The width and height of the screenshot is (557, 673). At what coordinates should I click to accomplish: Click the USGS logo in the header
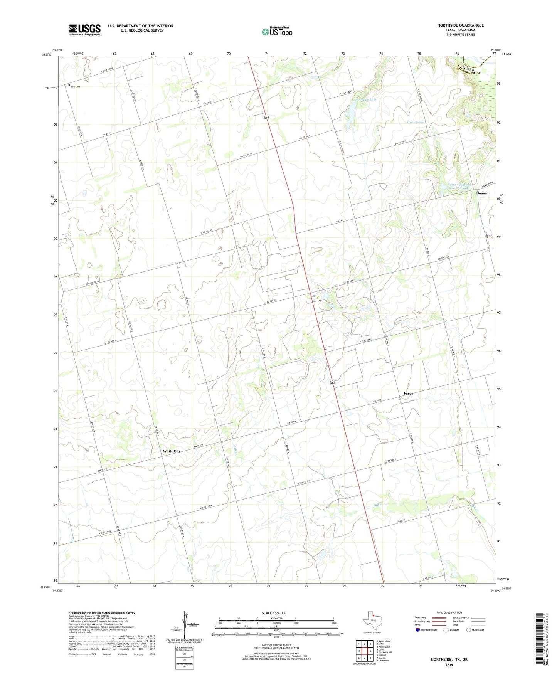coord(85,29)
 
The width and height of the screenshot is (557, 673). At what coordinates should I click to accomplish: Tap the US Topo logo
coord(276,32)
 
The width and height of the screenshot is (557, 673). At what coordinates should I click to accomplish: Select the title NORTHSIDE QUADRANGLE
coord(460,25)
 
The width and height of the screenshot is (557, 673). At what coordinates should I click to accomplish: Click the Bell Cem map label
coord(75,87)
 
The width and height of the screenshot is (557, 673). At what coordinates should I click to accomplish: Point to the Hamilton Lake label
coord(366,99)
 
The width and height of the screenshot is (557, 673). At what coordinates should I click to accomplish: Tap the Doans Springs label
coord(416,123)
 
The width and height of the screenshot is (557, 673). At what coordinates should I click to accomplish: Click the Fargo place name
coord(408,394)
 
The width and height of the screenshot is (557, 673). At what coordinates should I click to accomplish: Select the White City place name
coord(171,451)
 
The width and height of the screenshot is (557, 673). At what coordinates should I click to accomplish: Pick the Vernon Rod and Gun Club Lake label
coord(454,186)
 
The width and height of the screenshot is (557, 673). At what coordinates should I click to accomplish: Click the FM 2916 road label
coord(339,221)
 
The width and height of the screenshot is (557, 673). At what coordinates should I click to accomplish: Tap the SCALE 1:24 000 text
coord(274,613)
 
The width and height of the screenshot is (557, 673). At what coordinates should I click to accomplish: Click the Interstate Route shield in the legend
coord(418,630)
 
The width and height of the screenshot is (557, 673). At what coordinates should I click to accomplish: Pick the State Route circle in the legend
coord(468,630)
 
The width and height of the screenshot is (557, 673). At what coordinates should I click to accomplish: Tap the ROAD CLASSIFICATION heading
coord(449,612)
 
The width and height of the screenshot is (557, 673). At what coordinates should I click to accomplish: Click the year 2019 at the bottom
coord(449,665)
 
